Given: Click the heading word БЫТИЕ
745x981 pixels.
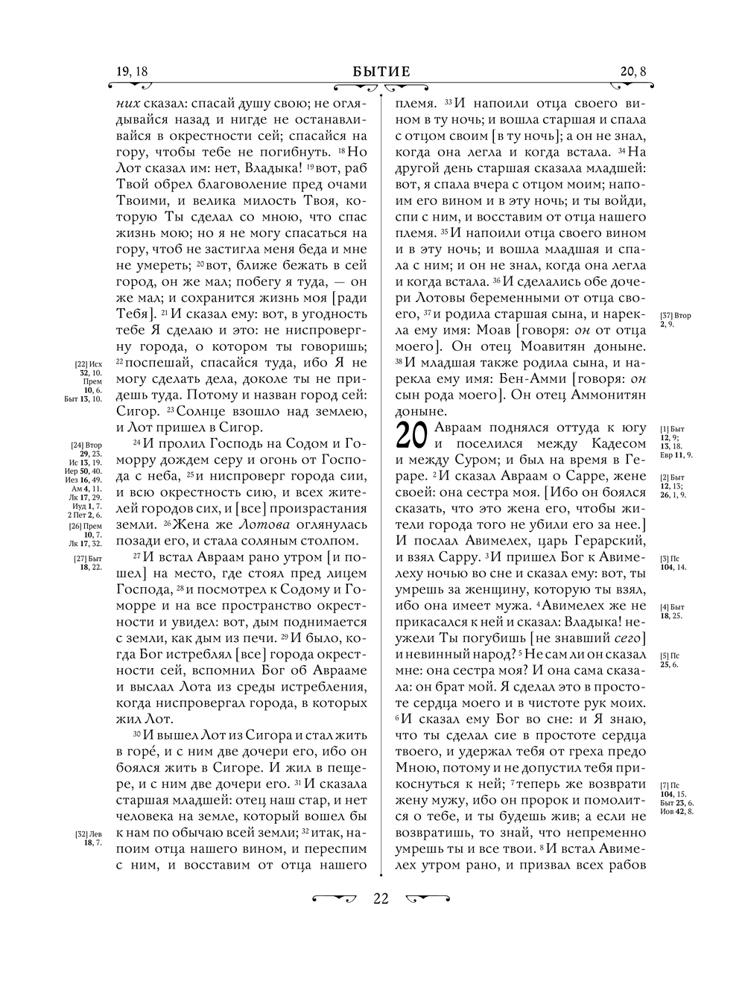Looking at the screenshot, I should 381,72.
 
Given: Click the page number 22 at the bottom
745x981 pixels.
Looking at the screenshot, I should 381,899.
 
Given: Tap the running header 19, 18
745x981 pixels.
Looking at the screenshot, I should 132,72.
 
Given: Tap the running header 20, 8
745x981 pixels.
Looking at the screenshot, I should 633,72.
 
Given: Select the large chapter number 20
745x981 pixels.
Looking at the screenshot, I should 409,436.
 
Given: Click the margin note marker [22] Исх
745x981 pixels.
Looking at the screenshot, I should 88,363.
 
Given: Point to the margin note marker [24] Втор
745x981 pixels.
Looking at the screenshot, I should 87,445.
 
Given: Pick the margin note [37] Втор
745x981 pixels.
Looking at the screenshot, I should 676,315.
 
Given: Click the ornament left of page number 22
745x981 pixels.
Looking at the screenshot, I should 335,898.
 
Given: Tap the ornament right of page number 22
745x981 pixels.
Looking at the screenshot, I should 428,898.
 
